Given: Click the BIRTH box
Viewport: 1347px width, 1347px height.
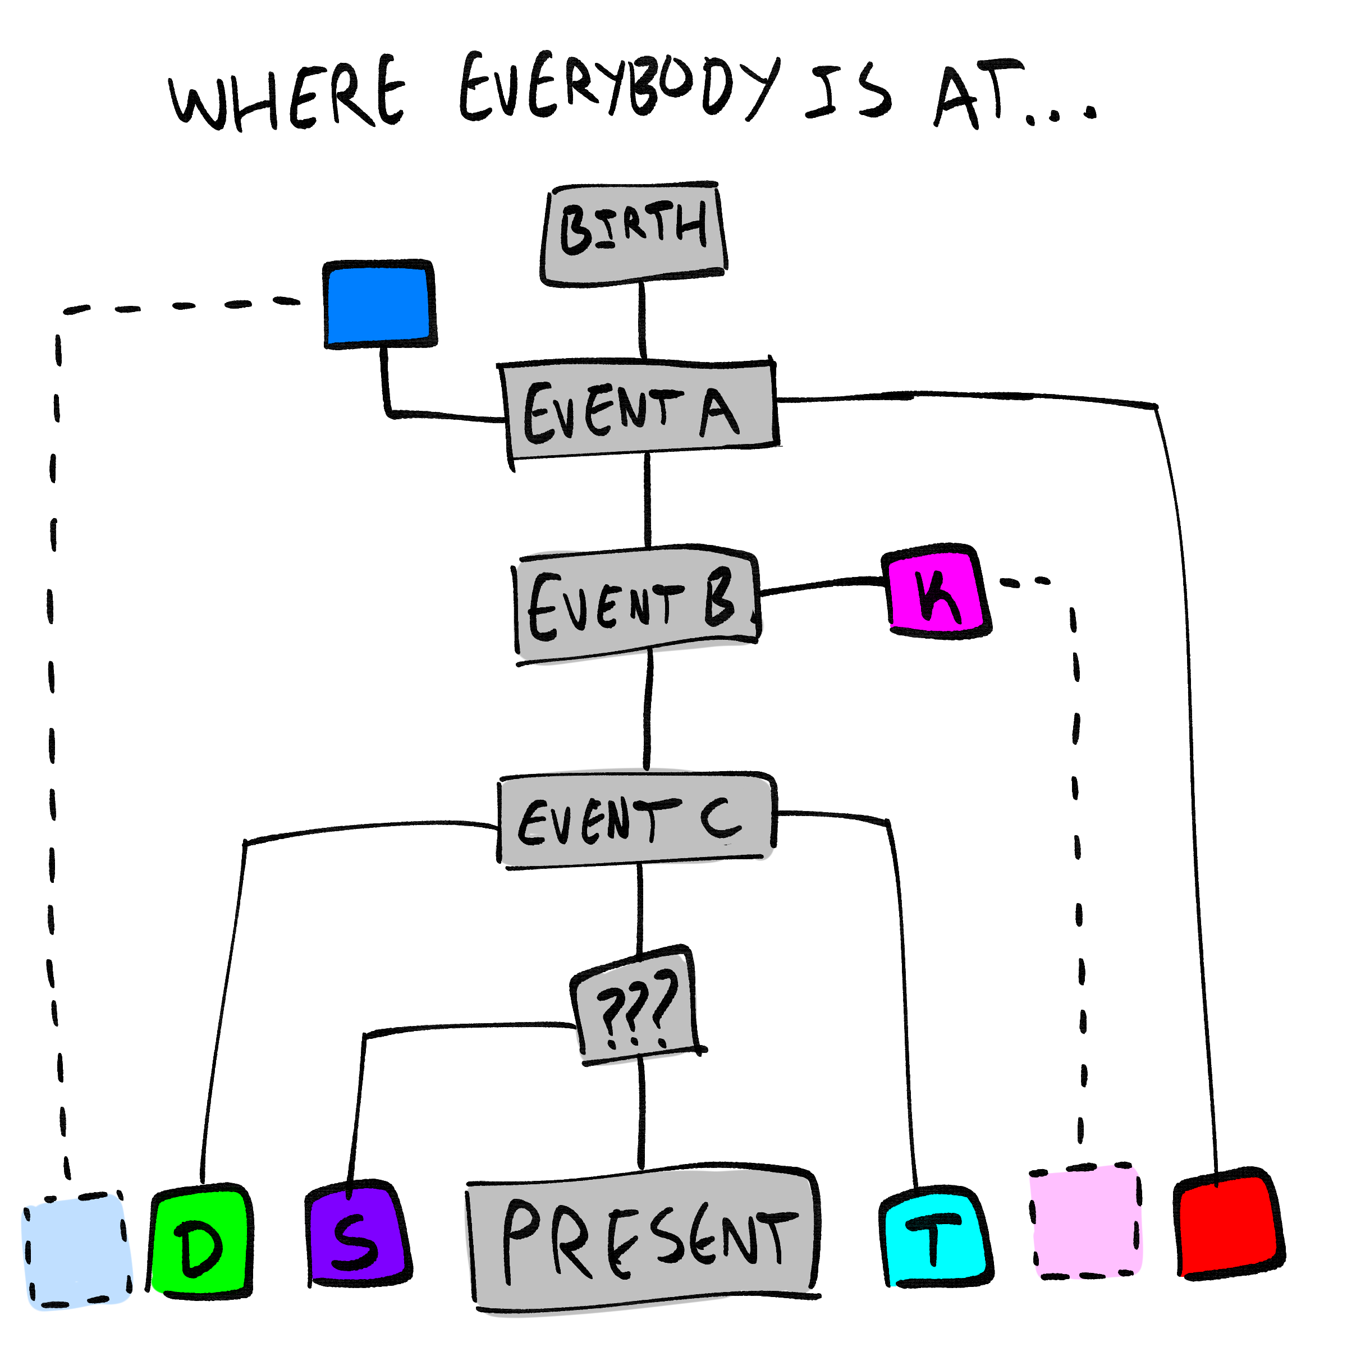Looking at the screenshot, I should pyautogui.click(x=633, y=233).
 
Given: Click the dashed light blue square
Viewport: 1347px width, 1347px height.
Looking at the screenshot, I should pyautogui.click(x=77, y=1252).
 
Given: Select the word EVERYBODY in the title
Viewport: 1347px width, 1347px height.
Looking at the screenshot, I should pyautogui.click(x=617, y=87).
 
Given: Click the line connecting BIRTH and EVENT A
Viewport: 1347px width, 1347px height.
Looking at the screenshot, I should pyautogui.click(x=642, y=320).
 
